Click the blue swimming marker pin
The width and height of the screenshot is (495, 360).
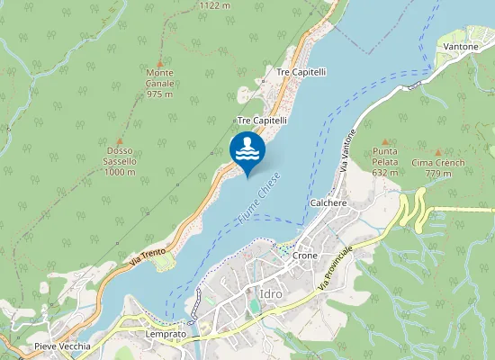point(247,150)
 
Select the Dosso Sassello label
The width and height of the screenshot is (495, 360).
point(120,161)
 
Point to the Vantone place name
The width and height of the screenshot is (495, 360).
point(461,46)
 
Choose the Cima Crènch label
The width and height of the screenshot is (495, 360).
point(438,167)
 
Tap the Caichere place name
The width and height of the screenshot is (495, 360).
point(328,203)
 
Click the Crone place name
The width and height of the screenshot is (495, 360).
point(305,256)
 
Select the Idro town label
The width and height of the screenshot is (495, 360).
point(271,293)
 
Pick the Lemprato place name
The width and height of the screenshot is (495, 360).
point(166,334)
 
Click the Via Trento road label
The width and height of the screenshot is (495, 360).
point(148,250)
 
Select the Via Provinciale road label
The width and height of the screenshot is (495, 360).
point(336,266)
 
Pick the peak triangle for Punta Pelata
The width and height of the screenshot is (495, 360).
point(385,141)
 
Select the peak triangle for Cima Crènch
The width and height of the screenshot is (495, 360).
point(438,153)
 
